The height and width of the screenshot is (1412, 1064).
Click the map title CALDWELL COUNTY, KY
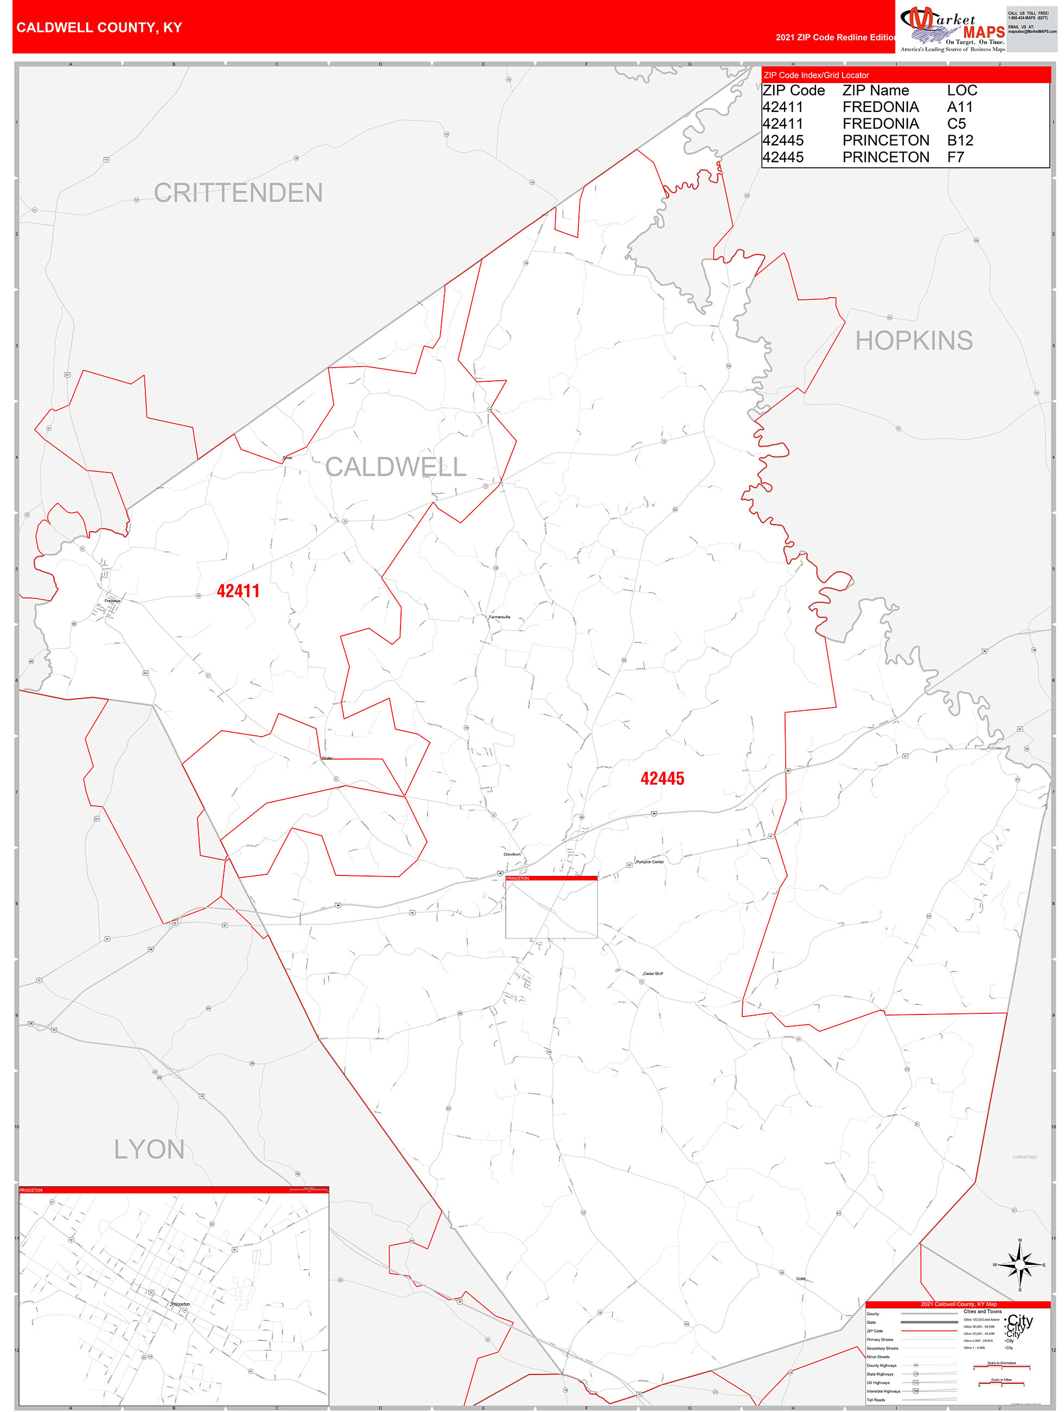tap(99, 28)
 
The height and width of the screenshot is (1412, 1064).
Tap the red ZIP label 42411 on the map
tap(238, 591)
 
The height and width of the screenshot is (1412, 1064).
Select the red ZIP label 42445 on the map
tap(662, 779)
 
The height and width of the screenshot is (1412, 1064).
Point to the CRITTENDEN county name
tap(238, 193)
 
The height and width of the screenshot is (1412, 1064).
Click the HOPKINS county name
tap(914, 341)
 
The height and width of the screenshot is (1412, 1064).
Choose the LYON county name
tap(149, 1150)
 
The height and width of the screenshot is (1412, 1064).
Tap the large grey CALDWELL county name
tap(396, 467)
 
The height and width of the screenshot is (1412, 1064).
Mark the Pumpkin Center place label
tap(650, 862)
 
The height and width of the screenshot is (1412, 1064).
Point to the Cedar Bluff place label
tap(653, 973)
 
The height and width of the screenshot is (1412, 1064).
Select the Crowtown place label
tap(512, 854)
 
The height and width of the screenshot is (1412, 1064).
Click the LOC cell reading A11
tap(959, 107)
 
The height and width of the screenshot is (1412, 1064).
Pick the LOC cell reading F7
tap(955, 157)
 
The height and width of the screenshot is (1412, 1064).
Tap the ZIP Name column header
tap(875, 91)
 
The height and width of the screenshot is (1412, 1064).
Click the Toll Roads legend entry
tap(876, 1400)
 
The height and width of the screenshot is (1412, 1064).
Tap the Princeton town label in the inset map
tap(181, 1304)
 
